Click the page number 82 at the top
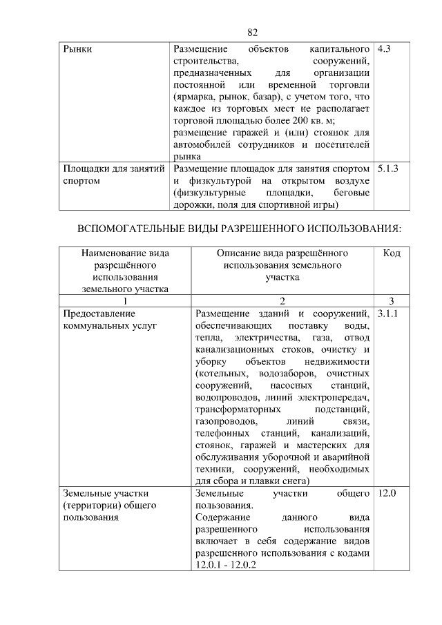[x=252, y=32]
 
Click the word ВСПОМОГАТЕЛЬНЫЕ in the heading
[x=131, y=228]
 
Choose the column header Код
[x=392, y=253]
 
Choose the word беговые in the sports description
[x=352, y=193]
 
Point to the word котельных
[x=223, y=373]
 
